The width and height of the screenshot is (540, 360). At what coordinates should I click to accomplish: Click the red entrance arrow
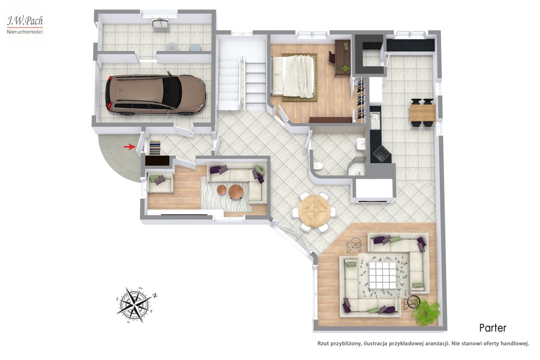(x=129, y=147)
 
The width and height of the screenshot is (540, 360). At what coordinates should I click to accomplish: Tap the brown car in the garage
(x=156, y=94)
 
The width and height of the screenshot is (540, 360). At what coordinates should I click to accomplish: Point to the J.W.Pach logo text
(x=25, y=21)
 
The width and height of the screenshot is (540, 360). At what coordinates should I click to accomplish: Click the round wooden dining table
(x=314, y=211)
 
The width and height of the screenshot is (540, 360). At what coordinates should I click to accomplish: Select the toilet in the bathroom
(x=318, y=166)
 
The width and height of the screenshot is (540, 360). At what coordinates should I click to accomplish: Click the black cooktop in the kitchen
(x=381, y=154)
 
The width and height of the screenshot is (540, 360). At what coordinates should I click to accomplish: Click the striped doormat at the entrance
(x=155, y=148)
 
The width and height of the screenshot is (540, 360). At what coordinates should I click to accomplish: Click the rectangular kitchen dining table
(x=422, y=113)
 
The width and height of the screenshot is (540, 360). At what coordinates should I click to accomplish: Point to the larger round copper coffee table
(x=235, y=191)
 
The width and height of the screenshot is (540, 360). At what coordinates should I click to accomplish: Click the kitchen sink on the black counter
(x=375, y=120)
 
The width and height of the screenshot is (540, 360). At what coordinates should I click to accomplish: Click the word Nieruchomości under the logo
(x=25, y=32)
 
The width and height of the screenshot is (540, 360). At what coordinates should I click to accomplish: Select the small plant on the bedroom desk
(x=346, y=69)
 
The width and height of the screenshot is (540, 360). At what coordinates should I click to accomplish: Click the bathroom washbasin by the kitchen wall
(x=360, y=144)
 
